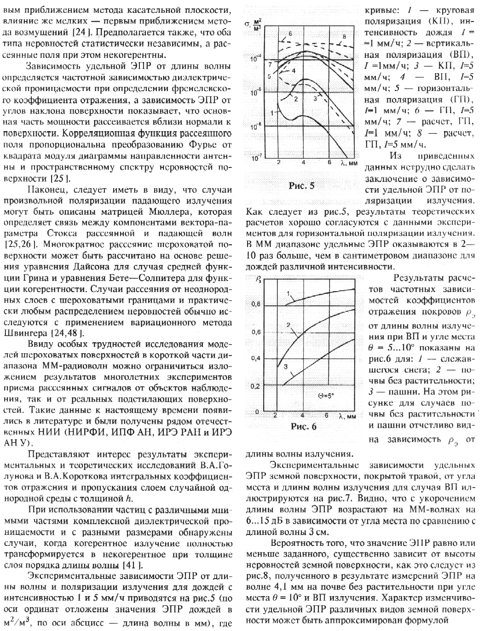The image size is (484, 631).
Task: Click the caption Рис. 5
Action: click(x=302, y=186)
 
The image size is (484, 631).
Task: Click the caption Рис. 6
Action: click(x=304, y=426)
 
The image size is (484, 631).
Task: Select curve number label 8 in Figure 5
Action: click(x=344, y=36)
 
